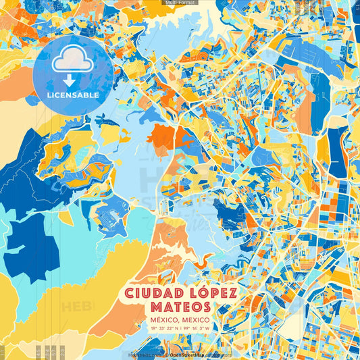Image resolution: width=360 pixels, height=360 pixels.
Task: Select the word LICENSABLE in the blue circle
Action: pyautogui.click(x=72, y=95)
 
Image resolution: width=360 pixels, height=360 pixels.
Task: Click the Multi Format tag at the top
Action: pyautogui.click(x=180, y=3)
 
